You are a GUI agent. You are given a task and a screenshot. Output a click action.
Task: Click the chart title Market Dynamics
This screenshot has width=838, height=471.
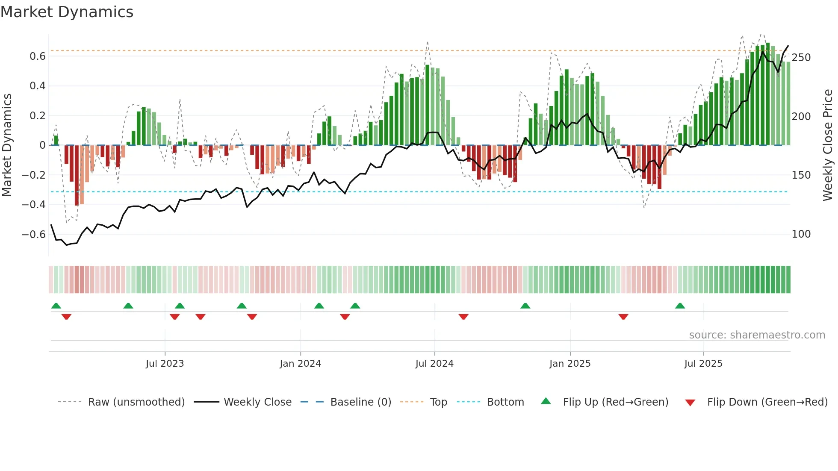coord(67,12)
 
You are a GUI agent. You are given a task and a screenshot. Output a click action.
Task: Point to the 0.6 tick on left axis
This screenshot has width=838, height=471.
coord(38,56)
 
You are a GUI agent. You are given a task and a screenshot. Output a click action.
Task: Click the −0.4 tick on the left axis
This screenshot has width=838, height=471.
coord(34,205)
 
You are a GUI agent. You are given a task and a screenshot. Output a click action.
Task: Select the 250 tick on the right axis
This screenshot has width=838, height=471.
coord(801,58)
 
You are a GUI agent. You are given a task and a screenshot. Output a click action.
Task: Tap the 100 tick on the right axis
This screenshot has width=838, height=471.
coord(801,234)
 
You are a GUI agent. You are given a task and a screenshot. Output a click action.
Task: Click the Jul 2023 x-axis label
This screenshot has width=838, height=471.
coord(165,364)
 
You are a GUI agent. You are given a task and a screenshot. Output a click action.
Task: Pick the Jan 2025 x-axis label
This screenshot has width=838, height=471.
coord(569,364)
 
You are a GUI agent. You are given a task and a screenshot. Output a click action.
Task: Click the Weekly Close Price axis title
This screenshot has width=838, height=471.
coord(827,145)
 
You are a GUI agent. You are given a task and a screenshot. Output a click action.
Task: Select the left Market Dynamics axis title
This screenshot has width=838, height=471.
coord(7,145)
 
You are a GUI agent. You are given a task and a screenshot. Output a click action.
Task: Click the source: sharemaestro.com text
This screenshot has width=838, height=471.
coord(757,335)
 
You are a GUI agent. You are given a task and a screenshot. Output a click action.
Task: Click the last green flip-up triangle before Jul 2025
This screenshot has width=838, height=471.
coord(680,306)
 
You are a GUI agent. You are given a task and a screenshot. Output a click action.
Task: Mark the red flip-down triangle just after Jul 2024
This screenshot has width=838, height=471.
coord(463,317)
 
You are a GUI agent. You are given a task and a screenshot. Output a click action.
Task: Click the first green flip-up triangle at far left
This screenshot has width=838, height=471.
coord(56,306)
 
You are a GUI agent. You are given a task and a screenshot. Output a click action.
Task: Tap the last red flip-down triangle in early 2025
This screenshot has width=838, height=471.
coord(623,317)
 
